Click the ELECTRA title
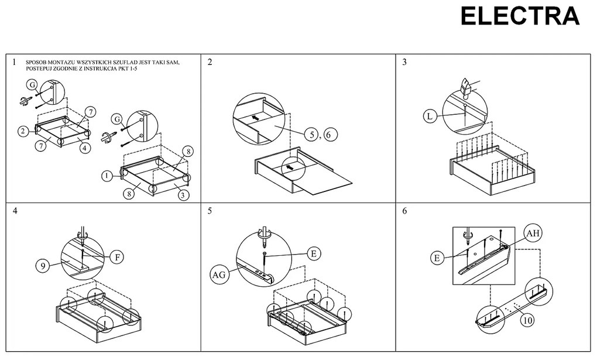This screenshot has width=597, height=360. (520, 16)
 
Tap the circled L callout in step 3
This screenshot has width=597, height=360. (430, 116)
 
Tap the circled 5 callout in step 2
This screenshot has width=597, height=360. (313, 134)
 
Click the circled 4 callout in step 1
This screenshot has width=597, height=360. (85, 148)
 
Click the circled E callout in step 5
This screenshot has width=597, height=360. (313, 253)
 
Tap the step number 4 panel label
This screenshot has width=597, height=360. (14, 211)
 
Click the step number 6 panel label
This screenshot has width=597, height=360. (404, 211)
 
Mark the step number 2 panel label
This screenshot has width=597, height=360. (210, 63)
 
